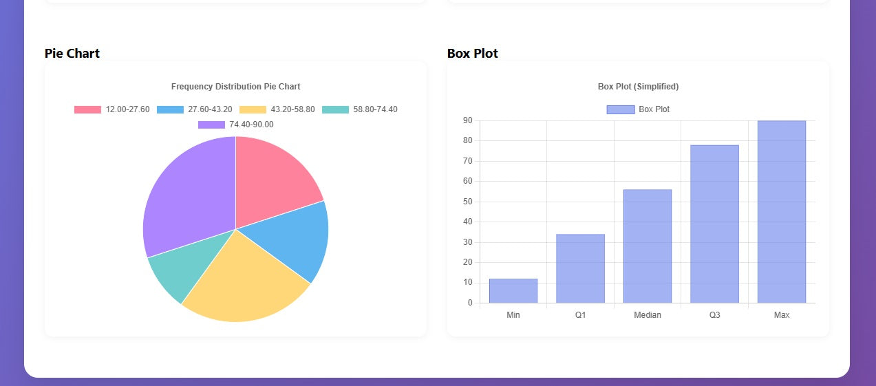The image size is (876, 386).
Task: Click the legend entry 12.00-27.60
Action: coord(112,109)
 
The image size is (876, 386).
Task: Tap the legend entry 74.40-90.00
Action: coord(235,125)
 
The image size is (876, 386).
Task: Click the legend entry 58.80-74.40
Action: coord(359,109)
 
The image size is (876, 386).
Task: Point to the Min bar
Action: coord(513,291)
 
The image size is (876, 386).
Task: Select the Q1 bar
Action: coord(580,268)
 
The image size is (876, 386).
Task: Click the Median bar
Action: coord(647,246)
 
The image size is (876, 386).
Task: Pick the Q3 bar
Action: coord(714,224)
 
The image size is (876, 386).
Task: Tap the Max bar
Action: coord(781,212)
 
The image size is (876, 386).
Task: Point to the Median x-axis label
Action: coord(647,315)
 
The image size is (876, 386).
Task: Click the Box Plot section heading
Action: coord(473,53)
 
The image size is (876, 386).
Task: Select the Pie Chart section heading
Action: coord(72,53)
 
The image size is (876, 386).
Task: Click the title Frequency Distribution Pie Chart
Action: coord(235,87)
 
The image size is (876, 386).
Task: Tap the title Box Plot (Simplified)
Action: coord(638,87)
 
